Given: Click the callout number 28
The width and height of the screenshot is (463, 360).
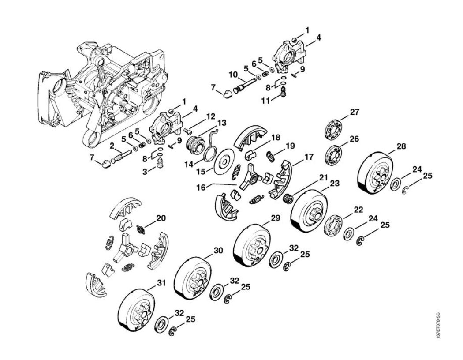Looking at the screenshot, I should pyautogui.click(x=401, y=146).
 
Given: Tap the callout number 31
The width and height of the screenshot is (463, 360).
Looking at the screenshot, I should pyautogui.click(x=161, y=283).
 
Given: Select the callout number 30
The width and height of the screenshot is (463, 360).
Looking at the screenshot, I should pyautogui.click(x=218, y=250).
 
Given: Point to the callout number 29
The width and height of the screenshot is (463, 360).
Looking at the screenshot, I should pyautogui.click(x=276, y=218).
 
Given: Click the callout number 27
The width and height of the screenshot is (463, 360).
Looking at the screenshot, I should pyautogui.click(x=355, y=112).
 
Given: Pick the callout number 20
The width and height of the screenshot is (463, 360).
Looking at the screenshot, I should pyautogui.click(x=161, y=217).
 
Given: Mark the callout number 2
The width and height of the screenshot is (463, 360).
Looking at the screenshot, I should pyautogui.click(x=112, y=145).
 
